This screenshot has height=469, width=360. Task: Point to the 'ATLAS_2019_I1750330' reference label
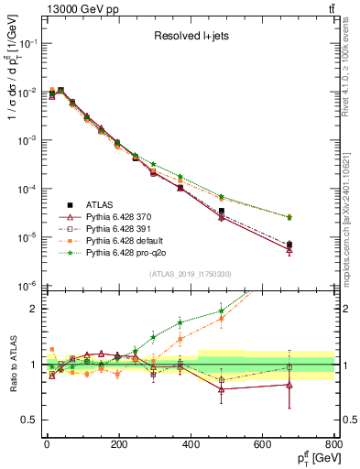coord(191,274)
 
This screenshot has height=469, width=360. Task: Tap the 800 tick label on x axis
coord(333,444)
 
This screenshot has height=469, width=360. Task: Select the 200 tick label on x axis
coord(118,444)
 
